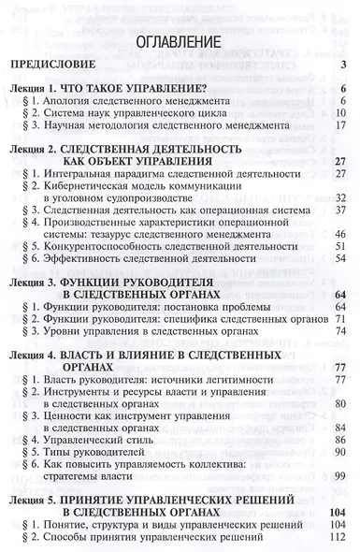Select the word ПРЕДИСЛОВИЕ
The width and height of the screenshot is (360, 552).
[53, 65]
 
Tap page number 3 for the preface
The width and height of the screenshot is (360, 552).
[344, 65]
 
